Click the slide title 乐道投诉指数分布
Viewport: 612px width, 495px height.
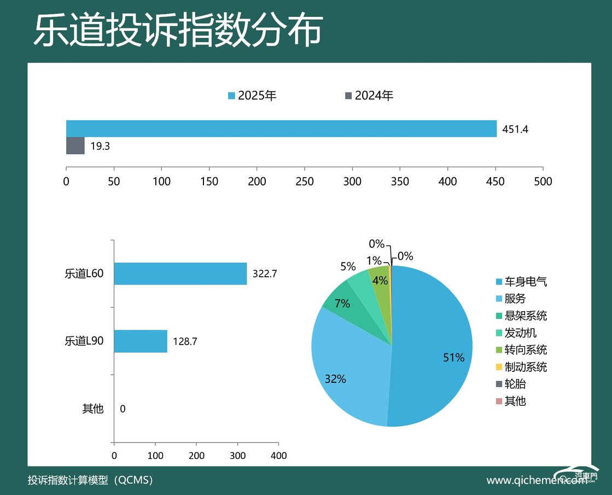pos(177,31)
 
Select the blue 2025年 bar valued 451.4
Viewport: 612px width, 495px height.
pos(281,129)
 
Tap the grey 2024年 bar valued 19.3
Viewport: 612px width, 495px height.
pos(75,146)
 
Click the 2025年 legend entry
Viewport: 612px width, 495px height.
pos(253,96)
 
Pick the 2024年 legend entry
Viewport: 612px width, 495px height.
pos(369,96)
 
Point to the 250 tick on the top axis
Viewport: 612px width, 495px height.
pos(305,182)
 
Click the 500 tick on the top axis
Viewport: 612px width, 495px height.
pos(543,182)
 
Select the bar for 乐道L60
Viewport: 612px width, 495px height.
pos(180,273)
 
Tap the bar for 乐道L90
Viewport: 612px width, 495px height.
pos(141,341)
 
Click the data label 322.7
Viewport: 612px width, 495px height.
pos(265,274)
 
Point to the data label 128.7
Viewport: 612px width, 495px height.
pos(185,342)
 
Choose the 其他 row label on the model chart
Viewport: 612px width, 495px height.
pos(92,409)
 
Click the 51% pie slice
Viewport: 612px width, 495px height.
pos(438,350)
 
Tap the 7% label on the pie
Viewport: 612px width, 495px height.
pos(342,304)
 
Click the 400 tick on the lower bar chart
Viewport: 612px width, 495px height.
pos(278,455)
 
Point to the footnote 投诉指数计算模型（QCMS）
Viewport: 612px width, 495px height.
pos(91,480)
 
